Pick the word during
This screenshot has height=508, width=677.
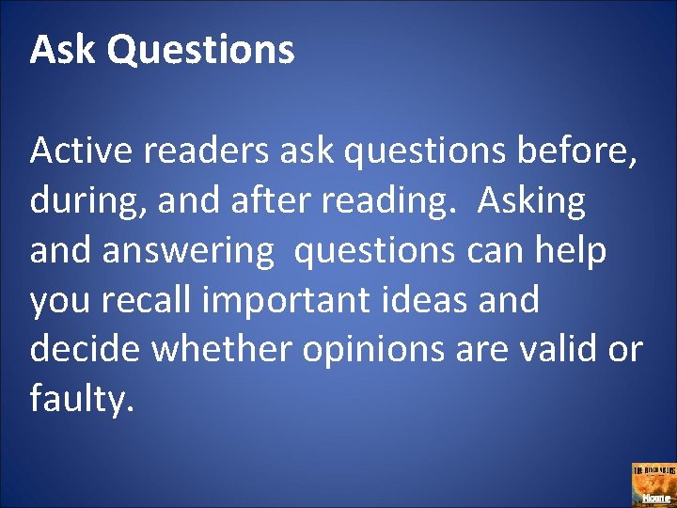click(x=81, y=202)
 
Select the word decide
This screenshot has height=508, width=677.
click(x=85, y=351)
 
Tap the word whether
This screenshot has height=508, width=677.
click(x=223, y=351)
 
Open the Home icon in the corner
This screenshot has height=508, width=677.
click(x=652, y=483)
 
